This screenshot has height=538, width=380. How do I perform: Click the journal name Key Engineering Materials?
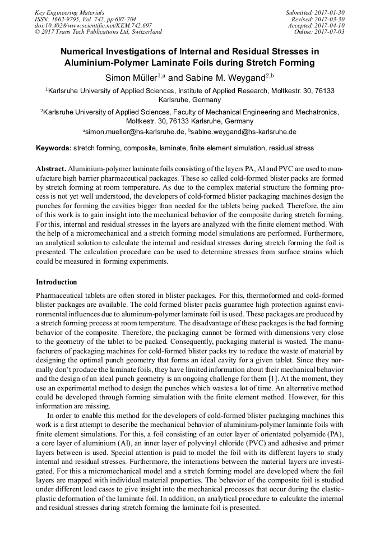[69, 12]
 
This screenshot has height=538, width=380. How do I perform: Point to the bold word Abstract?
[51, 169]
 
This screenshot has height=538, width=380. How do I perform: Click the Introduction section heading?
[57, 282]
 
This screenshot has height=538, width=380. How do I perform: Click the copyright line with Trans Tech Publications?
[98, 32]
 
